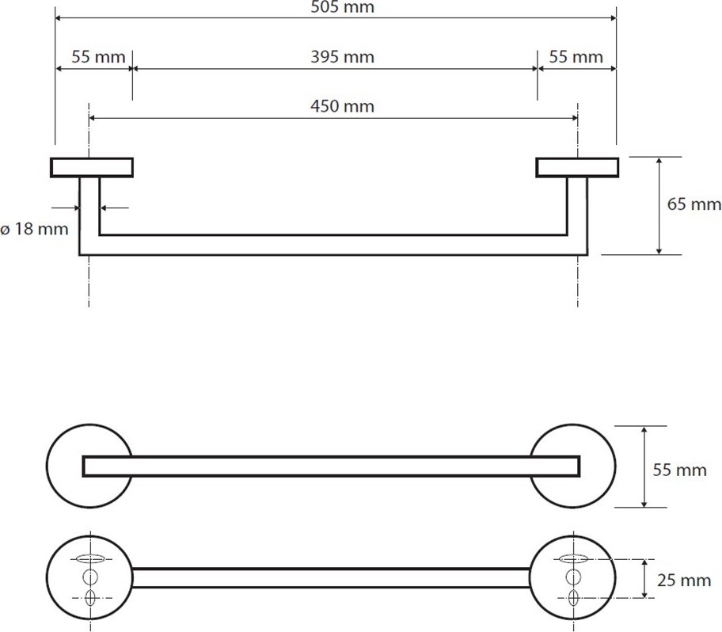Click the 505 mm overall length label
[342, 7]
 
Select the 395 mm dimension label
[342, 57]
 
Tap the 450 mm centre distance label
[342, 106]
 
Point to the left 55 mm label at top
[98, 57]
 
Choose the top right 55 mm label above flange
[576, 57]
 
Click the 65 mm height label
[694, 204]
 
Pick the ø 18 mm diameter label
[34, 228]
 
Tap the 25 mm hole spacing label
[684, 580]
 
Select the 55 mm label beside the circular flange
[679, 470]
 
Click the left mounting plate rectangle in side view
[92, 168]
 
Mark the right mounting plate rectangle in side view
[577, 168]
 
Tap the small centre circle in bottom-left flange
[89, 577]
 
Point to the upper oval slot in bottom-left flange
[90, 559]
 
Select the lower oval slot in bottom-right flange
[573, 598]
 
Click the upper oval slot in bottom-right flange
[573, 559]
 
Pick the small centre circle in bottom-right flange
[573, 577]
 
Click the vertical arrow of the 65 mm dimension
[659, 206]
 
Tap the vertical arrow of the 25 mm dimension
[644, 579]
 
